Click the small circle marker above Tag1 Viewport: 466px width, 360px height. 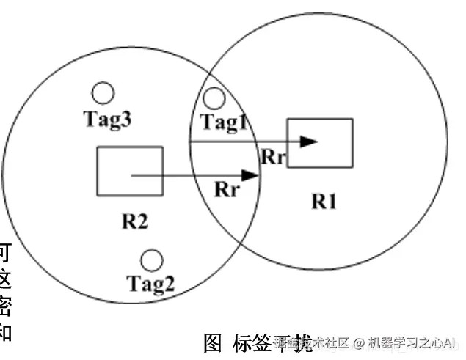pos(214,98)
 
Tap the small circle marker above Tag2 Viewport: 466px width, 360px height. pos(151,260)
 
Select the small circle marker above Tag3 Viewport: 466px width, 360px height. pos(103,93)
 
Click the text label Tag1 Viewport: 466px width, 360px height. pos(225,122)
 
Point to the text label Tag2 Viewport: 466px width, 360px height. pos(150,282)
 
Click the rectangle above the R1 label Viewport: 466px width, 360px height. pos(320,143)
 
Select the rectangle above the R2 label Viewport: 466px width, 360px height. pos(130,171)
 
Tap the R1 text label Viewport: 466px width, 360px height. pos(324,201)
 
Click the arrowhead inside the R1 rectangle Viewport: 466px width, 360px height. pos(311,141)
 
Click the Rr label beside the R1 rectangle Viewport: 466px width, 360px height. pos(272,156)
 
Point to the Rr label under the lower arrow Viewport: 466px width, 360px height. pos(226,190)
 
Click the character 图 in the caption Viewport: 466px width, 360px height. pos(212,342)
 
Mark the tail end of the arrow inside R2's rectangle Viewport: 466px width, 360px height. pos(131,175)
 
